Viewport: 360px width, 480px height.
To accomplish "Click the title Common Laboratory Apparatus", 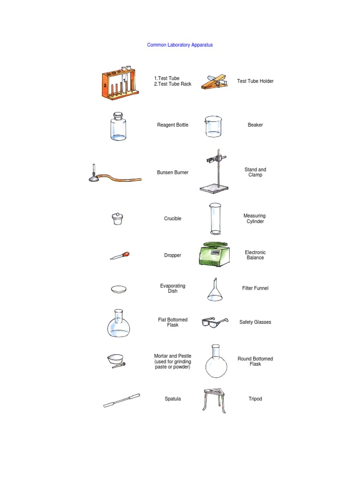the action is pyautogui.click(x=180, y=45).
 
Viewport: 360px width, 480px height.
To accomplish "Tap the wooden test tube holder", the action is pyautogui.click(x=215, y=82).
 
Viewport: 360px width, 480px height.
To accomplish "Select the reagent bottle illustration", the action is pyautogui.click(x=118, y=127).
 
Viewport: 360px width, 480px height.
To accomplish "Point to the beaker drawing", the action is pyautogui.click(x=213, y=127).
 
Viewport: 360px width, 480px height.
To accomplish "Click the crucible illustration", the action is pyautogui.click(x=118, y=219).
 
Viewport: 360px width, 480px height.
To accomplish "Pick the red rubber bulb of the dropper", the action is pyautogui.click(x=126, y=255).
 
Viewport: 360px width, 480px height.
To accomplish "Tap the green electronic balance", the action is pyautogui.click(x=214, y=254).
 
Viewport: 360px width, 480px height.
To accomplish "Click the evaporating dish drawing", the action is pyautogui.click(x=119, y=289).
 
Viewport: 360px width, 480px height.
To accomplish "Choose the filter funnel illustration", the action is pyautogui.click(x=215, y=290).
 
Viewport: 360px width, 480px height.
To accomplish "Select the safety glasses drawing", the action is pyautogui.click(x=215, y=322).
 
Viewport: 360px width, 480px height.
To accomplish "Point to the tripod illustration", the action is pyautogui.click(x=215, y=400).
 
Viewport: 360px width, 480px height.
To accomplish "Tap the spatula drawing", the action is pyautogui.click(x=121, y=400).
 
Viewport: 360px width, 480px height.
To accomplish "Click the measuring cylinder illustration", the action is pyautogui.click(x=215, y=218).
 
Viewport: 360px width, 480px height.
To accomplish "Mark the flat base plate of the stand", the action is pyautogui.click(x=214, y=188).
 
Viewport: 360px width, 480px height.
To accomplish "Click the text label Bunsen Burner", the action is pyautogui.click(x=172, y=172).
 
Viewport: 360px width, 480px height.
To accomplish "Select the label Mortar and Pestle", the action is pyautogui.click(x=172, y=356).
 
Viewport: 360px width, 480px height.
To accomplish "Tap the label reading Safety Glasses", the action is pyautogui.click(x=255, y=322).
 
